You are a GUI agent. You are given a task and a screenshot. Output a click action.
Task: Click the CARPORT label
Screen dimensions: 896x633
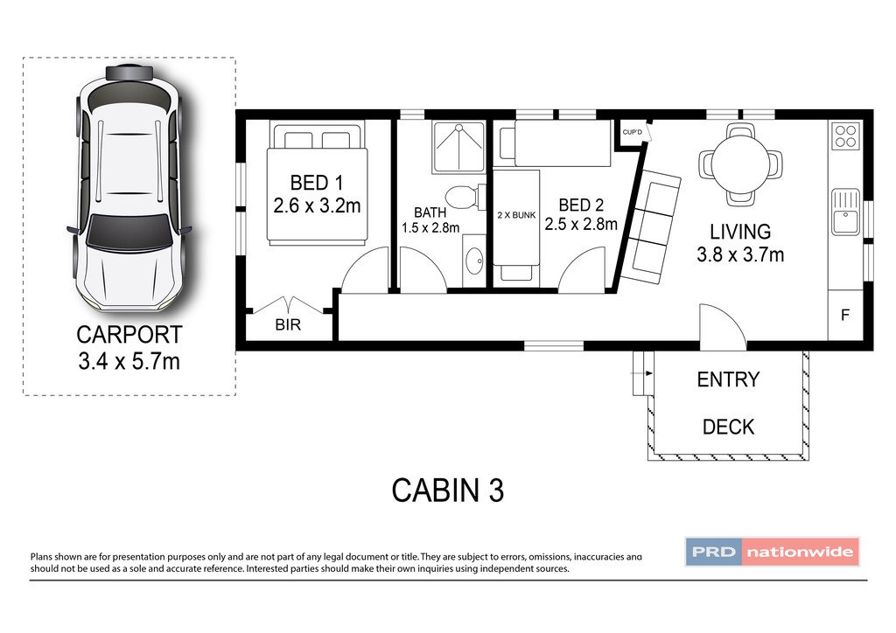click(x=129, y=335)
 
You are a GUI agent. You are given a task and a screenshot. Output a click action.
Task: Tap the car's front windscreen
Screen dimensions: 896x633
click(x=129, y=233)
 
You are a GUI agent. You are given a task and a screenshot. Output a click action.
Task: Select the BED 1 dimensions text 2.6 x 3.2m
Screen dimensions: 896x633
click(x=317, y=205)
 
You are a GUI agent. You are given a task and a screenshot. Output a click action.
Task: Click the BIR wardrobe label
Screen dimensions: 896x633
click(x=288, y=324)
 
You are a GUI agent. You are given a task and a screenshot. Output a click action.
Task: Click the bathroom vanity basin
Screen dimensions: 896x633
click(x=474, y=261)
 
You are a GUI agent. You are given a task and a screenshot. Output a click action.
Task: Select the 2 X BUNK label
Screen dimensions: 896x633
click(x=516, y=215)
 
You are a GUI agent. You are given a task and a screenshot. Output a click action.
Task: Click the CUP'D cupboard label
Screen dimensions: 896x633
click(x=632, y=132)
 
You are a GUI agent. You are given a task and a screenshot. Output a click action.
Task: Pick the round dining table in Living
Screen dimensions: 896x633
click(x=740, y=164)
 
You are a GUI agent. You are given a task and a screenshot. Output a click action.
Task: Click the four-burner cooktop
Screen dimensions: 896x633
click(x=845, y=136)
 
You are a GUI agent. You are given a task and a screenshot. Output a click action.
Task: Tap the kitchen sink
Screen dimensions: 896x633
click(x=846, y=212)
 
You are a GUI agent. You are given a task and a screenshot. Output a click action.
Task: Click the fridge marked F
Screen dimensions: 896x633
click(x=845, y=315)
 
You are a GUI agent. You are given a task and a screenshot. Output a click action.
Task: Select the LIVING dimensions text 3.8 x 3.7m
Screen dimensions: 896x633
click(x=740, y=254)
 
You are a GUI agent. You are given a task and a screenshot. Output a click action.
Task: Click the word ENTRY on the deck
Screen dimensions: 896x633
click(x=728, y=379)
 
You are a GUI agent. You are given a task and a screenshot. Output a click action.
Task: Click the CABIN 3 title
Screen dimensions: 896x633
click(x=447, y=490)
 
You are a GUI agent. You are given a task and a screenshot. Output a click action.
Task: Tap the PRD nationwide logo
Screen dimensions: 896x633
click(x=772, y=552)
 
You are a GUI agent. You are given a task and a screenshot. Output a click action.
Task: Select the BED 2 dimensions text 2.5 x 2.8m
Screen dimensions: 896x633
click(x=581, y=225)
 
